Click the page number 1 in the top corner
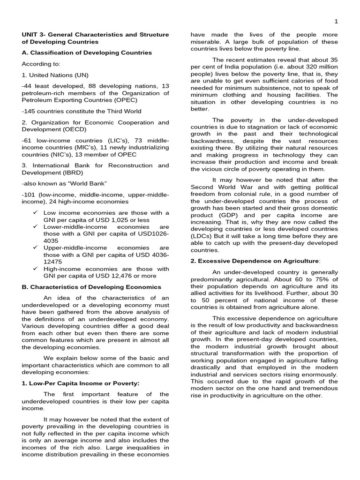click(x=336, y=22)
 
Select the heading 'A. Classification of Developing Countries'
click(x=87, y=52)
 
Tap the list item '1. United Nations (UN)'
click(x=55, y=75)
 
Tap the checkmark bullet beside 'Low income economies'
click(x=35, y=212)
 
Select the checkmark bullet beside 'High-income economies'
click(x=35, y=269)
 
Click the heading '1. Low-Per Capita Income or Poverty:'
click(x=81, y=383)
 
